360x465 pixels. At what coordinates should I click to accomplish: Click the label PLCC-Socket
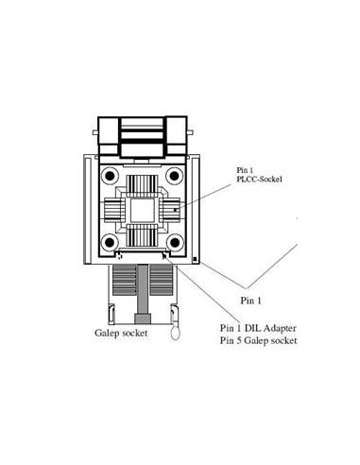[x=260, y=180]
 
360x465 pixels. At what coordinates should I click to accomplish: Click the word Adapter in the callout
[x=280, y=328]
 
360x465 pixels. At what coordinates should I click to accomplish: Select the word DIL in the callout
[x=252, y=328]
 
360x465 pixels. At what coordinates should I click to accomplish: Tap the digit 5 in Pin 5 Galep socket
[x=239, y=340]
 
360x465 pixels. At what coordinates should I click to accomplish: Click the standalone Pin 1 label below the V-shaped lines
[x=250, y=301]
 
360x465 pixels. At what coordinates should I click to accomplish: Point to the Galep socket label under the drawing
[x=121, y=333]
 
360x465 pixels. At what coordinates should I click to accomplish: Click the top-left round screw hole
[x=110, y=176]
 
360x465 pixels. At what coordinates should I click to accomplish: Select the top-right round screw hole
[x=174, y=176]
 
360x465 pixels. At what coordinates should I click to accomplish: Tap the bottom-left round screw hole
[x=110, y=243]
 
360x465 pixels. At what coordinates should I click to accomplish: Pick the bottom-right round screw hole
[x=175, y=243]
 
